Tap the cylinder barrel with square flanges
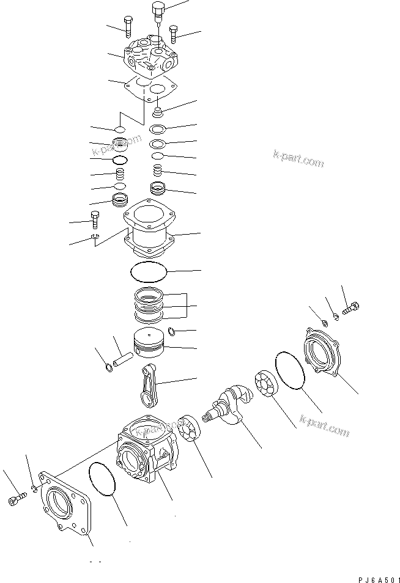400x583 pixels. point(149,232)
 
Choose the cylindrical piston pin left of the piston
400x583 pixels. point(122,357)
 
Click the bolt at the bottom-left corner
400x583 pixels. point(16,501)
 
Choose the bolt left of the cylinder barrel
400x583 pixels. point(95,218)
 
